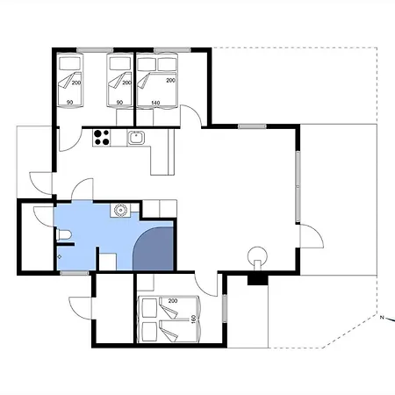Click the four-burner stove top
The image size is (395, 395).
101,138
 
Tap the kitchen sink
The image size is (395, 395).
136,138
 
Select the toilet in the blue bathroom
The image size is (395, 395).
63,235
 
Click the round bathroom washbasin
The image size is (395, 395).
120,210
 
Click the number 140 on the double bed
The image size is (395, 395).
155,103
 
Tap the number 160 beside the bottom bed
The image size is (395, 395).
193,319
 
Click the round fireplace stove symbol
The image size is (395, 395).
257,255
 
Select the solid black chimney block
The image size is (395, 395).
258,280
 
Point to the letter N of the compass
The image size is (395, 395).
382,318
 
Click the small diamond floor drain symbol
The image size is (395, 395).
60,257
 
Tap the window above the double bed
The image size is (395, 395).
172,50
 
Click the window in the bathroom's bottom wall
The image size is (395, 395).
75,273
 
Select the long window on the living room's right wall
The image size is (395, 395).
298,186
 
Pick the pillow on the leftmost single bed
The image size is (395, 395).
70,63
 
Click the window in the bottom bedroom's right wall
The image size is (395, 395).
225,309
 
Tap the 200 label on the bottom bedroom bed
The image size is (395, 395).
173,301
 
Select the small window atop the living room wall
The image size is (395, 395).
252,126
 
